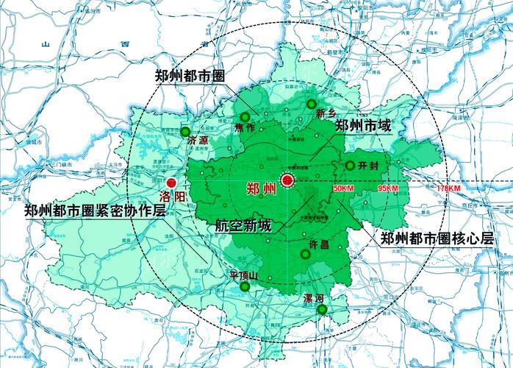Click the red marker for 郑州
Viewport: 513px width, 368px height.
(x=287, y=180)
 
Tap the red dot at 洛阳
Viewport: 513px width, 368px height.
(x=171, y=183)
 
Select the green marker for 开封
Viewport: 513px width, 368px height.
(x=350, y=166)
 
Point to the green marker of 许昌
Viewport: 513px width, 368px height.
(x=306, y=254)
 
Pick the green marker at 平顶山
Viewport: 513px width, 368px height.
(x=245, y=286)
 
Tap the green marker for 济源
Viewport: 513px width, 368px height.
(x=184, y=132)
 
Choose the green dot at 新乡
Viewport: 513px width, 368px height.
(x=312, y=104)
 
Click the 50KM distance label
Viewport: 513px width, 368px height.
(x=343, y=189)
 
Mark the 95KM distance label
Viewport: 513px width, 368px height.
(x=387, y=189)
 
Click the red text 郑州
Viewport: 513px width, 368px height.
(x=262, y=188)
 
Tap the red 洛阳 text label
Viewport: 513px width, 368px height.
(x=172, y=197)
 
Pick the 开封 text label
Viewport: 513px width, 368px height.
(x=367, y=166)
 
